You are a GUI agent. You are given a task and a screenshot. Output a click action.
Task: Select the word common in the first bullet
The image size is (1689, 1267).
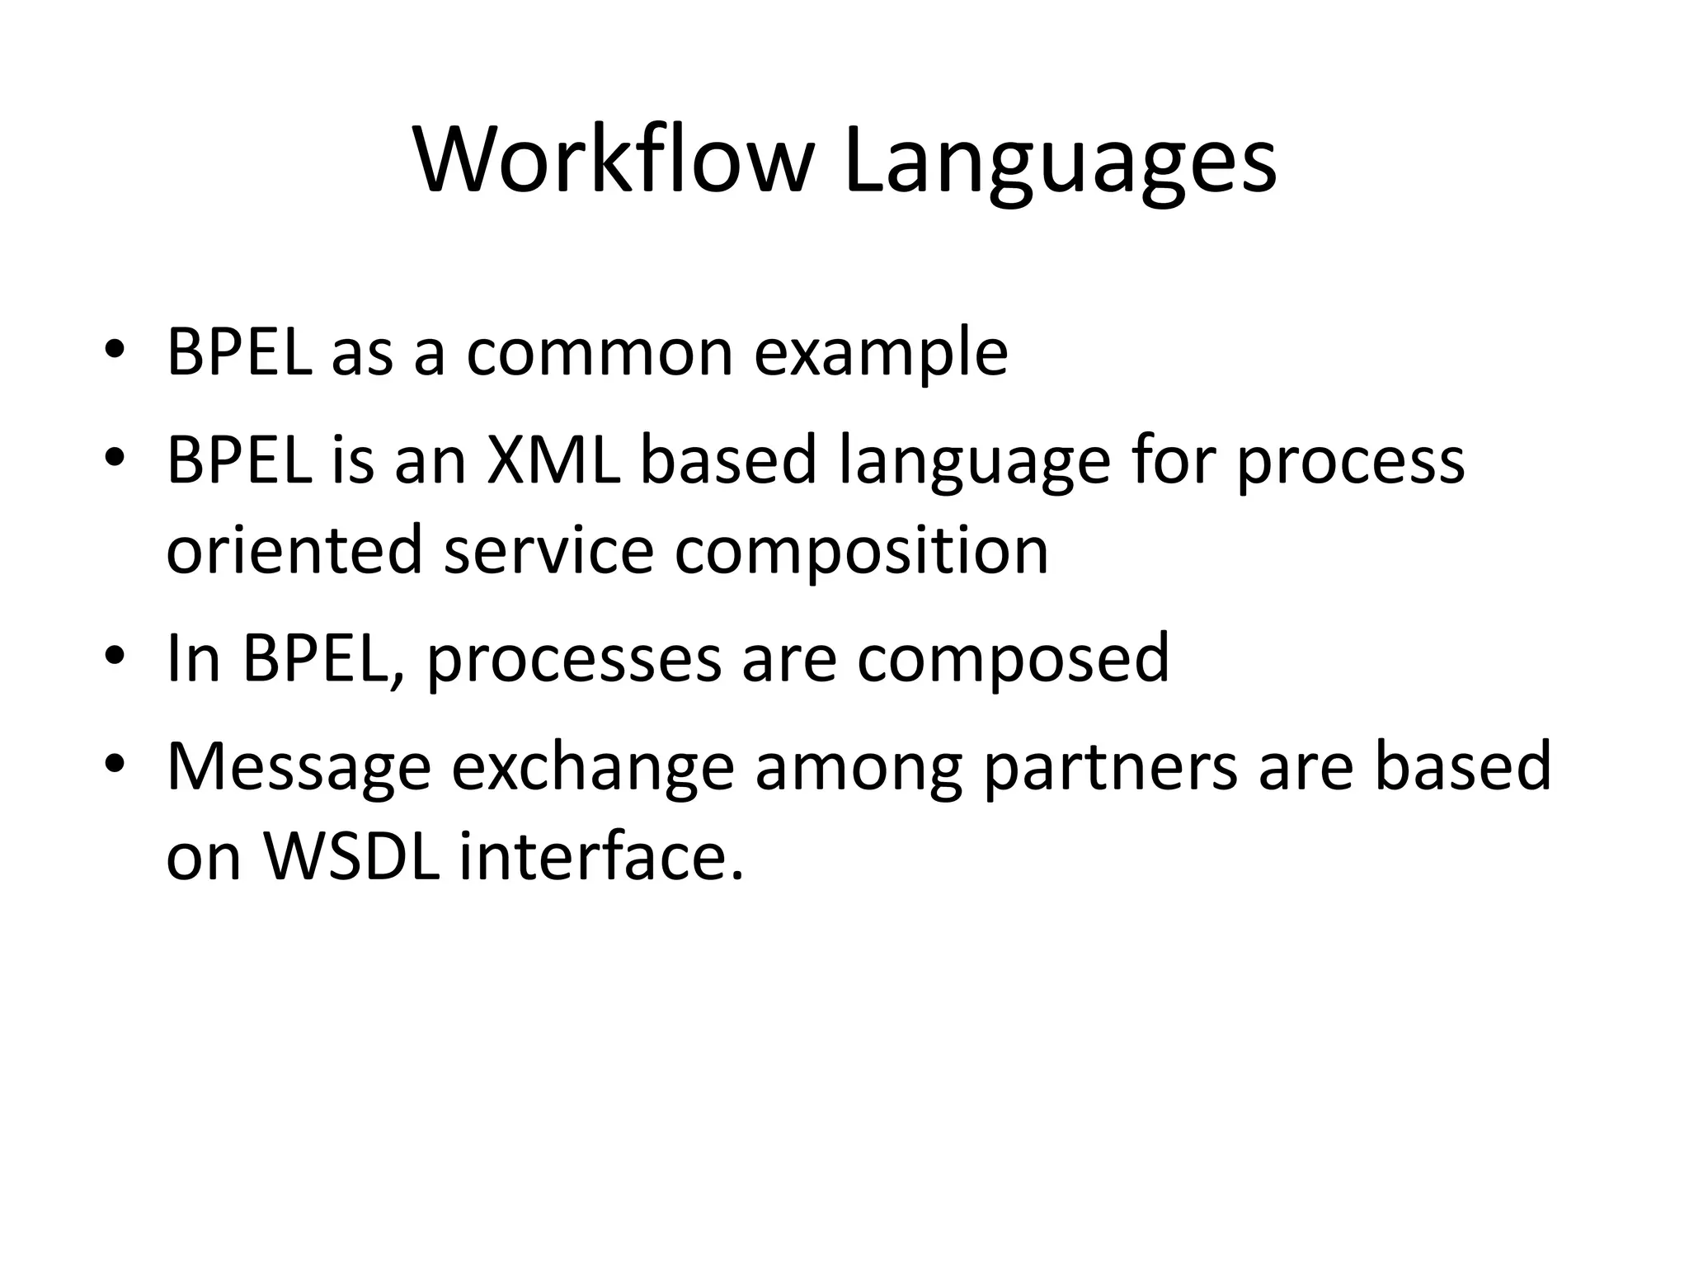point(600,353)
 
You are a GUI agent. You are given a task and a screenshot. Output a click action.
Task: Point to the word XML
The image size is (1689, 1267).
point(553,459)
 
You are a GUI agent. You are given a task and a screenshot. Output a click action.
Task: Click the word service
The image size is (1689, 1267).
point(548,551)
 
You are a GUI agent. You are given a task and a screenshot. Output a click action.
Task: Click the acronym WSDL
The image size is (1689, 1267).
point(352,855)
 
